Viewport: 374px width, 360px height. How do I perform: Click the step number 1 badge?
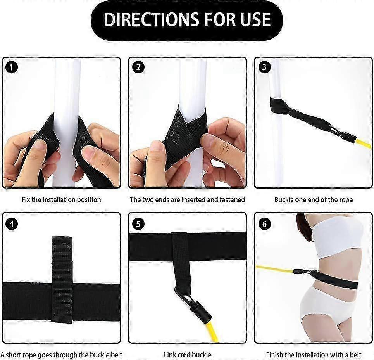pyautogui.click(x=12, y=67)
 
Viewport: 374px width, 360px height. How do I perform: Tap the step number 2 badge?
pyautogui.click(x=138, y=67)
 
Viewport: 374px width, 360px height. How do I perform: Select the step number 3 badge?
pyautogui.click(x=264, y=67)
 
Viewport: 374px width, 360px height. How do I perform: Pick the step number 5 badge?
pyautogui.click(x=138, y=224)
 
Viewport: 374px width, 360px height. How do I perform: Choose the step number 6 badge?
pyautogui.click(x=264, y=224)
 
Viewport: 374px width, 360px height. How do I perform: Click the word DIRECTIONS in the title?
pyautogui.click(x=150, y=19)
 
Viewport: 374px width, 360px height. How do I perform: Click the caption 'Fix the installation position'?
pyautogui.click(x=61, y=199)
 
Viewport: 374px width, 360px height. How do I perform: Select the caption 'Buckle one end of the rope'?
pyautogui.click(x=314, y=199)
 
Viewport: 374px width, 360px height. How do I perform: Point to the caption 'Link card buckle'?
pyautogui.click(x=188, y=355)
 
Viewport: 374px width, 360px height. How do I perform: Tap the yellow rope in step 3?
pyautogui.click(x=364, y=144)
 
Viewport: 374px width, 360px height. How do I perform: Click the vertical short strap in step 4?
pyautogui.click(x=62, y=280)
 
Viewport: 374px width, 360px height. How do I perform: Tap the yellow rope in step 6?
pyautogui.click(x=275, y=269)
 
